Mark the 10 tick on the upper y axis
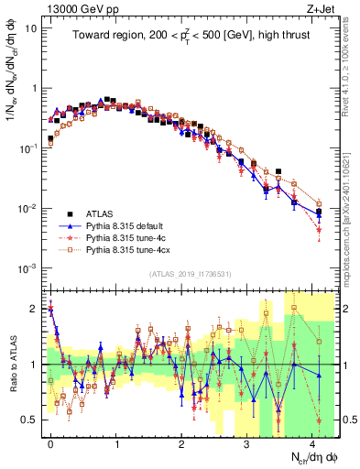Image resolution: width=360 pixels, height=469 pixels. (x=30, y=28)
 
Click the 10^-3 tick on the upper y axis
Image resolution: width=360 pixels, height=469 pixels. (x=27, y=268)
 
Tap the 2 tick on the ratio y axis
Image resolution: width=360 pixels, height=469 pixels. (x=32, y=309)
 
